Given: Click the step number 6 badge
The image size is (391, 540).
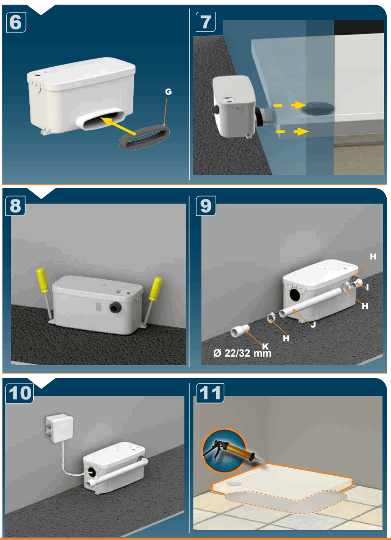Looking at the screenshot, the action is [x=16, y=22].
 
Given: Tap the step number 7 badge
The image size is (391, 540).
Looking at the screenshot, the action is [x=206, y=22].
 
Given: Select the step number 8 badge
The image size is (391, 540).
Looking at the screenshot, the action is [x=16, y=206].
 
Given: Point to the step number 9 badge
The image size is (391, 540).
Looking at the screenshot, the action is [x=206, y=206].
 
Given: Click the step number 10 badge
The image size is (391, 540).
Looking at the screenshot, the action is [x=20, y=393].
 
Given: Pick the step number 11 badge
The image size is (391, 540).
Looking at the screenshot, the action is [x=210, y=393].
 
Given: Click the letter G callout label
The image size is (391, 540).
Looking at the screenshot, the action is [x=168, y=92].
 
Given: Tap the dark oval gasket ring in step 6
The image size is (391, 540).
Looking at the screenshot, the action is [x=144, y=137].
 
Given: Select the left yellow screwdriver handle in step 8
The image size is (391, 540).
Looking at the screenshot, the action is [x=43, y=280].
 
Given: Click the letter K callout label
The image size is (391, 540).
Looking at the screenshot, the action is [x=265, y=346].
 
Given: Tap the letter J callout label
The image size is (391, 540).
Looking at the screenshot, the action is [x=313, y=325].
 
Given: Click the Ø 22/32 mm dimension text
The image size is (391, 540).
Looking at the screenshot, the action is [x=242, y=353].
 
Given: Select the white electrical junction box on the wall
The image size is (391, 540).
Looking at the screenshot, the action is [x=59, y=429].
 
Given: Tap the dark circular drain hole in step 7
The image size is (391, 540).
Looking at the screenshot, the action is [x=318, y=107].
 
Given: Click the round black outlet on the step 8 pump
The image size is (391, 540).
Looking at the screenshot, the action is [x=115, y=308].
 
